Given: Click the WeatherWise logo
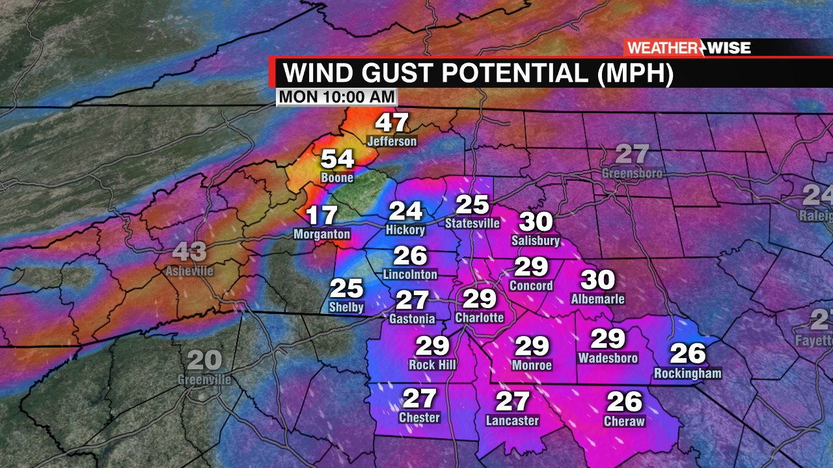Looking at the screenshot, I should tap(689, 47).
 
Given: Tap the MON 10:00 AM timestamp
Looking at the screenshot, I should tap(336, 97).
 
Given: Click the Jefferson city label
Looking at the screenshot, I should tap(391, 141).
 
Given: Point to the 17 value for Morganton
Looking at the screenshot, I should tap(321, 216).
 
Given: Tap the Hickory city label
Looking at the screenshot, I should tap(405, 229).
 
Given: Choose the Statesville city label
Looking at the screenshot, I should tap(472, 223).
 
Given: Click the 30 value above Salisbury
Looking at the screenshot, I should tap(536, 222).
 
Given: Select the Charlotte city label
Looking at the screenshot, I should tap(479, 317).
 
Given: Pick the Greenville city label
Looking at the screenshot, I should tap(204, 379).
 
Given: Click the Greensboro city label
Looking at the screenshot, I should tap(632, 174).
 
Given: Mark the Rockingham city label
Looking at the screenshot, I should tap(687, 373).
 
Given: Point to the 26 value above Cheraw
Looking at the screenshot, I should tap(624, 402).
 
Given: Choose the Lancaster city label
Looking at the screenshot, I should tap(512, 421).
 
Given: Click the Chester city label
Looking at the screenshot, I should tap(419, 417).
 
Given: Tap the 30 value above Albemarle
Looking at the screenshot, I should tap(597, 280).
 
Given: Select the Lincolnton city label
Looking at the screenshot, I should tap(410, 274).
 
